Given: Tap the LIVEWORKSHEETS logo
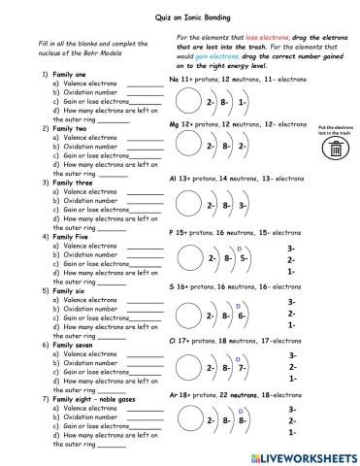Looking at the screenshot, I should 303,455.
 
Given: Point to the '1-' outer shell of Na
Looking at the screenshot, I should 242,101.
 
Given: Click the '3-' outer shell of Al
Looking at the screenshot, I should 243,206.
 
